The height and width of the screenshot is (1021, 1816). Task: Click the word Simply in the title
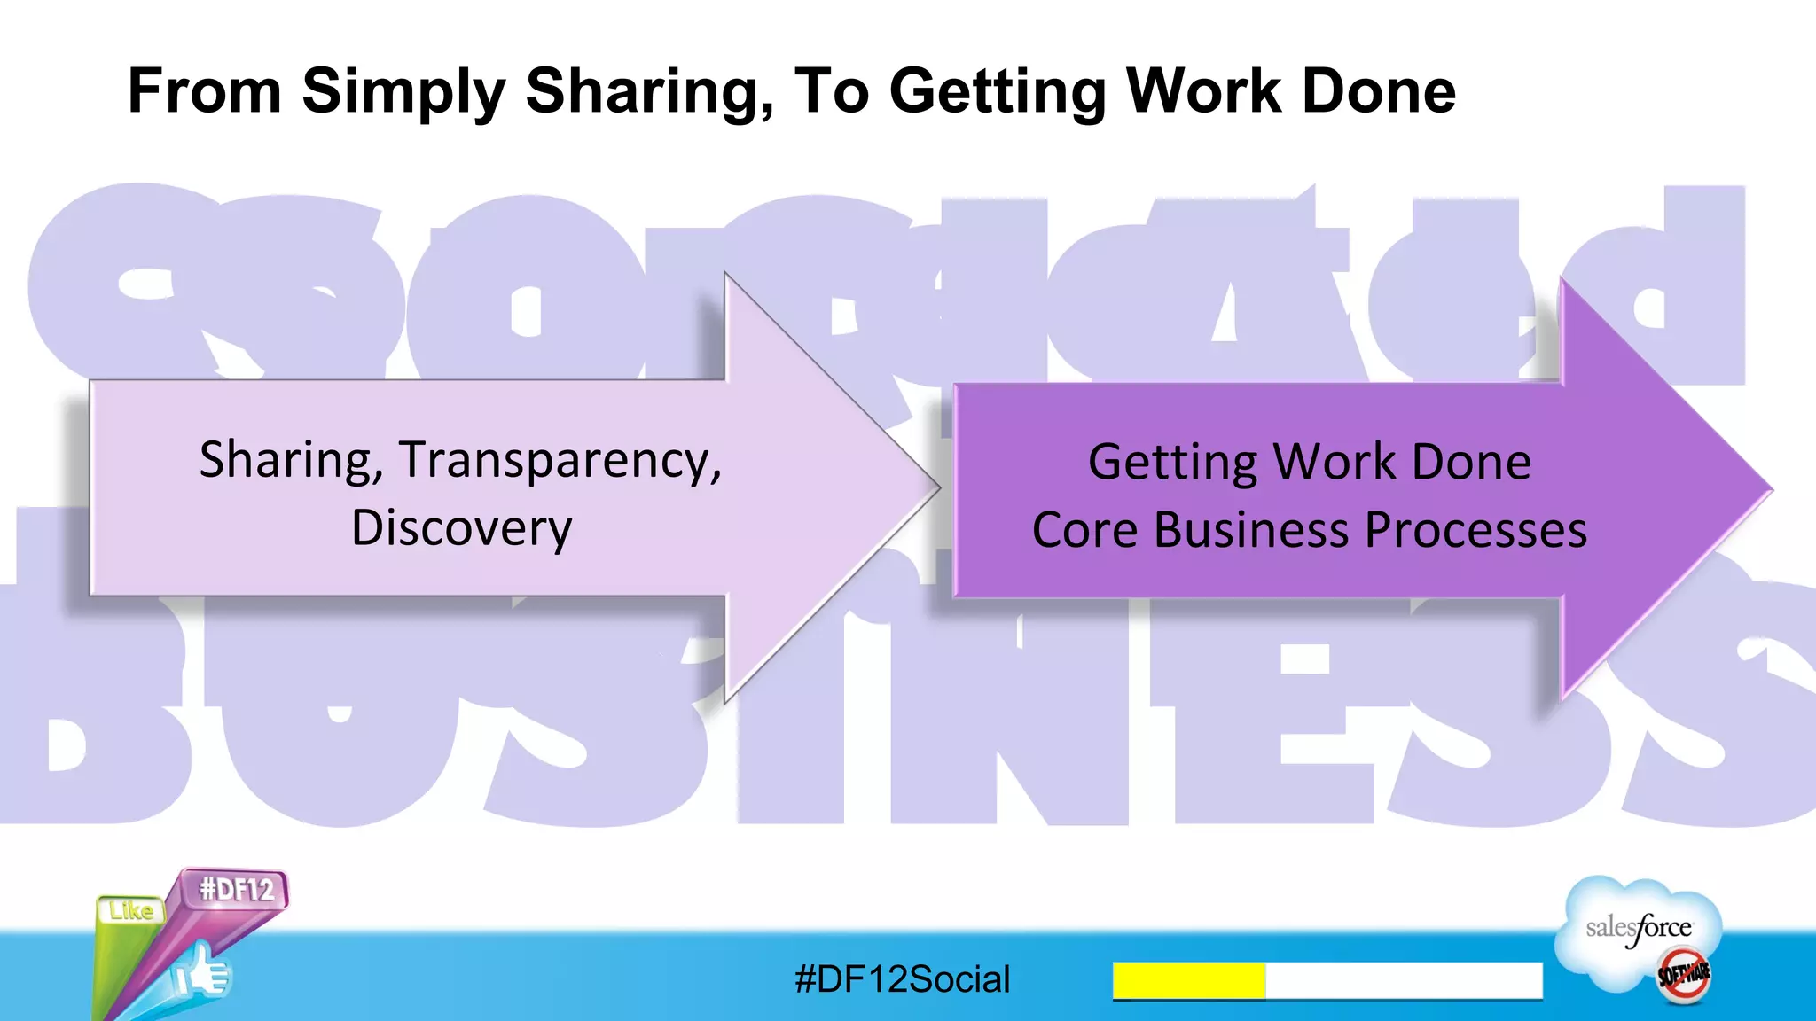point(403,92)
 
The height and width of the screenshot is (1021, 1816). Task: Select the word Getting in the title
point(998,92)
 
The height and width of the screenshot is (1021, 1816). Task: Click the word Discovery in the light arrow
point(461,529)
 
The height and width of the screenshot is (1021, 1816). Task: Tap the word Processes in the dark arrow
point(1475,531)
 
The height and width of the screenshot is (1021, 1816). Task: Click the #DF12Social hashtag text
point(903,979)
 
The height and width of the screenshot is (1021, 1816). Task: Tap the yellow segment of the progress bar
point(1188,980)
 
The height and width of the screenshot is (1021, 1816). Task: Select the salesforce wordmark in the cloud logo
point(1639,929)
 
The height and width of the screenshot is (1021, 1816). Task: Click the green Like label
point(131,911)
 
